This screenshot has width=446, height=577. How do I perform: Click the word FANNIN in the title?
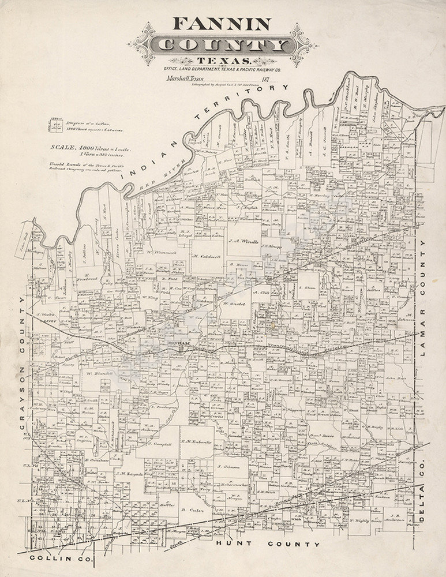tap(223, 24)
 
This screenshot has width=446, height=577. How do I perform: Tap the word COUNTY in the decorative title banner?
tap(223, 45)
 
